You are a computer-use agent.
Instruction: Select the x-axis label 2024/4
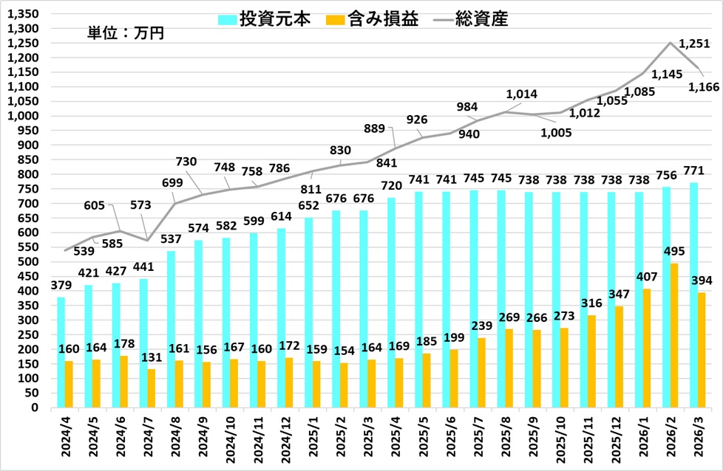(x=65, y=437)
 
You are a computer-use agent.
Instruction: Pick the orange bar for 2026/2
(x=674, y=335)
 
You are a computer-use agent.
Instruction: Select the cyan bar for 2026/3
(x=694, y=295)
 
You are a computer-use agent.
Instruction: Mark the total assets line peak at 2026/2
(x=671, y=43)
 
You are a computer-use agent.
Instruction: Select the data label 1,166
(x=702, y=87)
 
